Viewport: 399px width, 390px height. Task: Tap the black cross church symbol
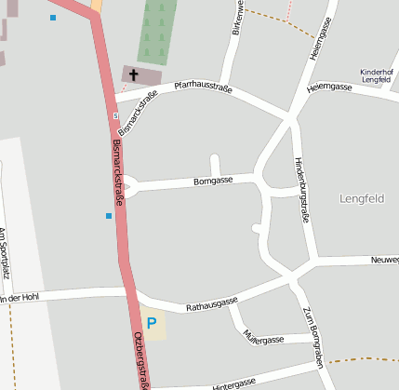[133, 74]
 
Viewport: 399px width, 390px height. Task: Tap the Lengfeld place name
[362, 198]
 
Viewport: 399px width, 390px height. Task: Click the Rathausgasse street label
[212, 303]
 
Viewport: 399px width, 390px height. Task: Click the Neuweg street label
[384, 260]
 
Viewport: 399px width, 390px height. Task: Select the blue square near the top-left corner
[53, 18]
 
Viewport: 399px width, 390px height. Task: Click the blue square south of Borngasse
[109, 216]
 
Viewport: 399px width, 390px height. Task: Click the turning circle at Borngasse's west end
[130, 187]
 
